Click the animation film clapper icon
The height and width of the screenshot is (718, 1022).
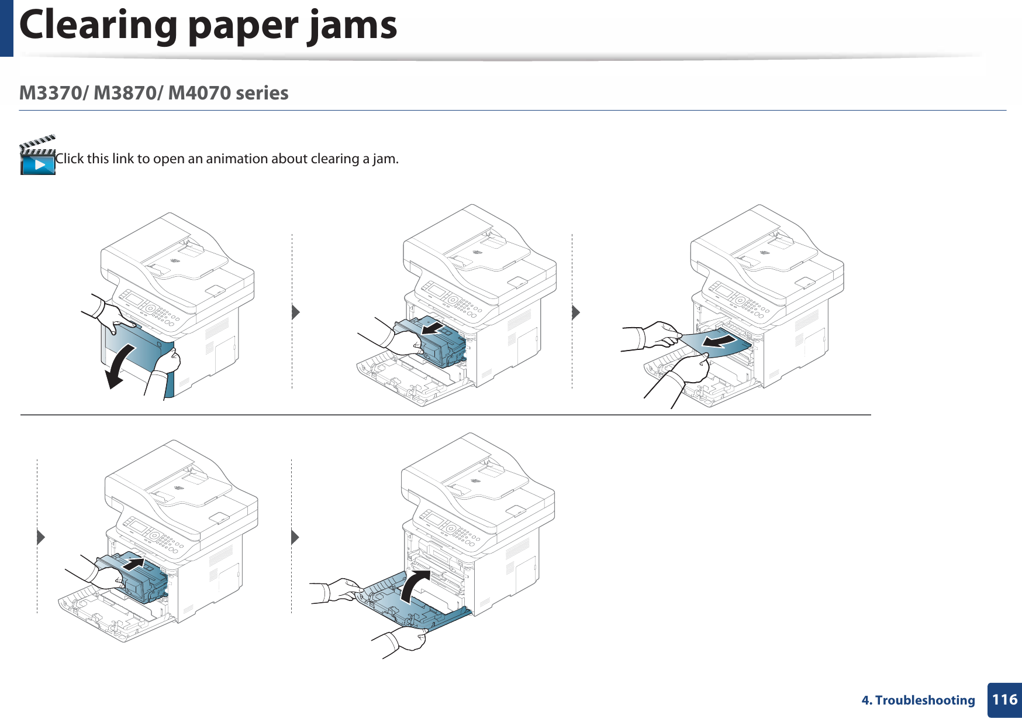pyautogui.click(x=37, y=156)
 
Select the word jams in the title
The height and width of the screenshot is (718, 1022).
pyautogui.click(x=353, y=26)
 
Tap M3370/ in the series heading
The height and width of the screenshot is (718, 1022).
pyautogui.click(x=54, y=93)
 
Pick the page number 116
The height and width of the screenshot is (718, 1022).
pyautogui.click(x=1004, y=699)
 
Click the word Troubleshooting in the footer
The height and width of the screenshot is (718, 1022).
pyautogui.click(x=925, y=700)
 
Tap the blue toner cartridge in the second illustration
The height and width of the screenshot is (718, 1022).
pyautogui.click(x=439, y=345)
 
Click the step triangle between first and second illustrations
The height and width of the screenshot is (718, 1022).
pyautogui.click(x=295, y=312)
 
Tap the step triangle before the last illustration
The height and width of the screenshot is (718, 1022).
pyautogui.click(x=295, y=537)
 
